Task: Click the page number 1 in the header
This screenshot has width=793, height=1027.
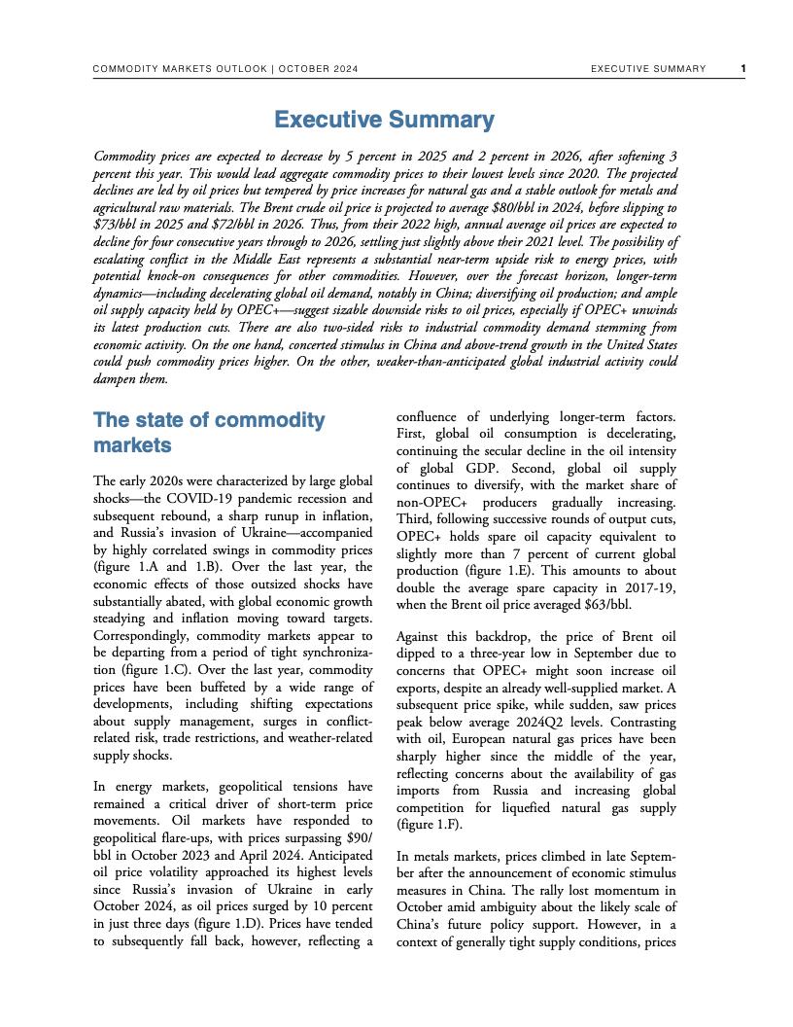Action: tap(742, 69)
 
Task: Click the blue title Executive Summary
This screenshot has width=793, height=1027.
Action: tap(384, 120)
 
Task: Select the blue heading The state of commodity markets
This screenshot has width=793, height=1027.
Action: tap(209, 433)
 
